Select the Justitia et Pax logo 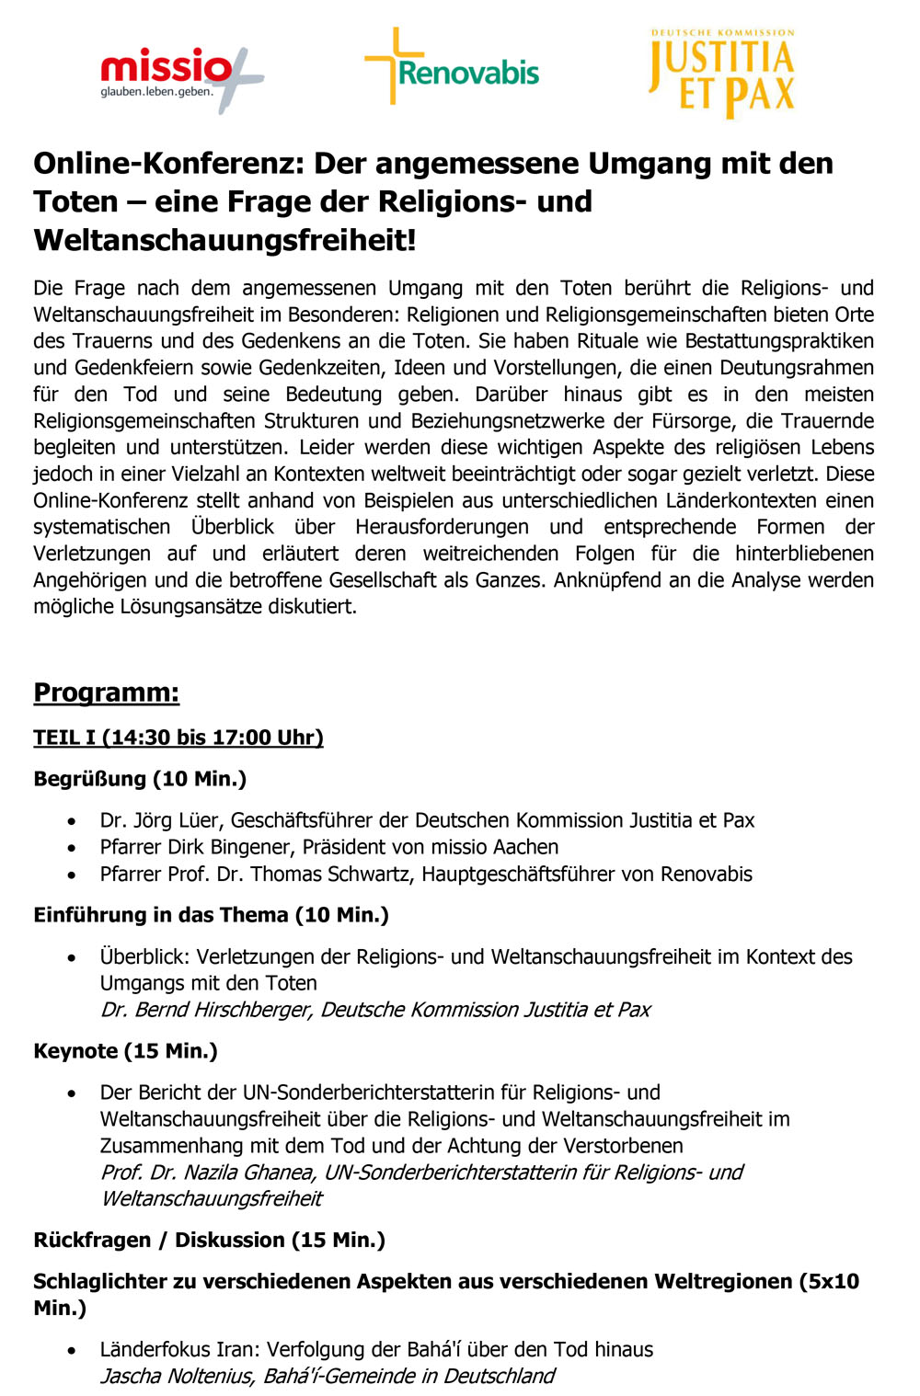[x=721, y=74]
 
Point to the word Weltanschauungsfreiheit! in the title [x=225, y=241]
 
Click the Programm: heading [x=106, y=692]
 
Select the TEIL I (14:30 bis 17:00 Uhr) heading [x=178, y=738]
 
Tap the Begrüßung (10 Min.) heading [x=140, y=779]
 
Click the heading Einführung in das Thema [x=161, y=915]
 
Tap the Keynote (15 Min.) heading [x=125, y=1051]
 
